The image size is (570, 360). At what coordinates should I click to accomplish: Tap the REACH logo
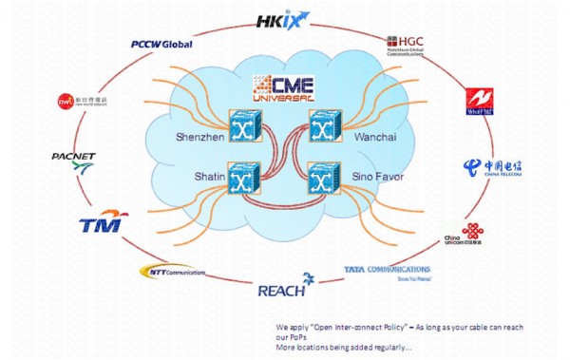click(282, 285)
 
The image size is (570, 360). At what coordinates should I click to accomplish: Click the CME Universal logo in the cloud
click(284, 88)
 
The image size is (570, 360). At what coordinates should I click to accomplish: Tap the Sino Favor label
click(378, 178)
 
